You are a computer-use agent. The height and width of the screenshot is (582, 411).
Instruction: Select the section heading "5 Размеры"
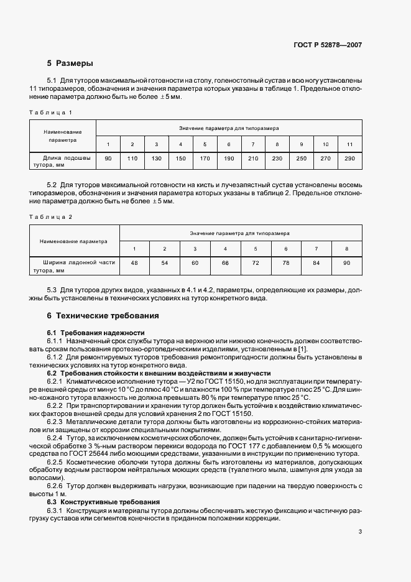pos(70,63)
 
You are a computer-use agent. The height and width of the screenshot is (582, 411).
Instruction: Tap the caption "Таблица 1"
pos(51,112)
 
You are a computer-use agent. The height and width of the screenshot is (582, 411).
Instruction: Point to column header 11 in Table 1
pos(349,144)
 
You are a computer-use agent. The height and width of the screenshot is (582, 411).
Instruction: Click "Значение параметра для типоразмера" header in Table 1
pos(229,128)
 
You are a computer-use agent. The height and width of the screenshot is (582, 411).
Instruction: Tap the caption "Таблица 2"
pos(51,216)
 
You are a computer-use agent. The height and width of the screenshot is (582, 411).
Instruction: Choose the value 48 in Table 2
pos(134,264)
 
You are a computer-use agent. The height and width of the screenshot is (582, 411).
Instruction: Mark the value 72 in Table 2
pos(256,264)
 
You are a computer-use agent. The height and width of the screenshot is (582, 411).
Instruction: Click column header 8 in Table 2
pos(346,249)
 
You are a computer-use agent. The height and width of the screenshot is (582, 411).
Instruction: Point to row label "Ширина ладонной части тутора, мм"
pos(75,267)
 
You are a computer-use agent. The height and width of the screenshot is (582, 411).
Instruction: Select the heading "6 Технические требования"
pos(103,315)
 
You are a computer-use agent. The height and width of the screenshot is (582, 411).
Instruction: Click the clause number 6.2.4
pos(55,438)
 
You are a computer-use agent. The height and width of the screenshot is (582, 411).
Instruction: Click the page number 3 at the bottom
pos(360,532)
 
